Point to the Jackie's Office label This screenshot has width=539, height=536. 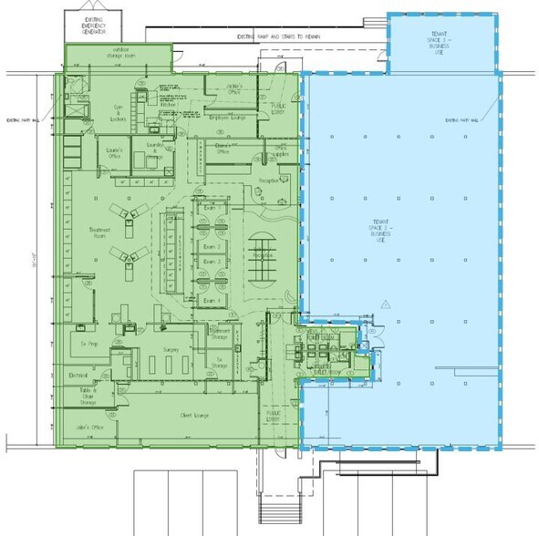click(221, 88)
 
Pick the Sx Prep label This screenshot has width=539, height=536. click(88, 345)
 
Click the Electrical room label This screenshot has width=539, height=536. click(77, 375)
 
